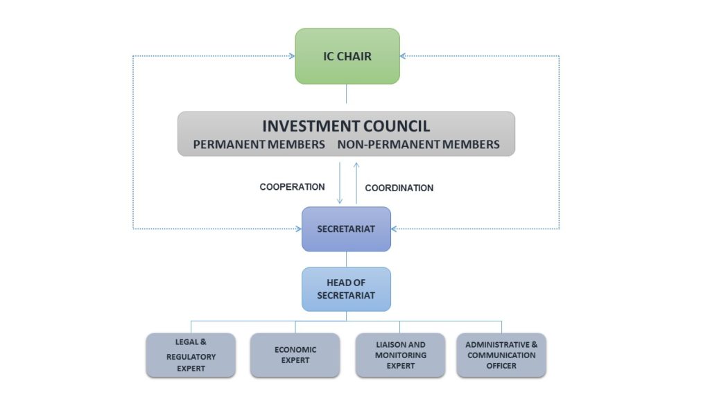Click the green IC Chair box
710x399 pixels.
pyautogui.click(x=347, y=56)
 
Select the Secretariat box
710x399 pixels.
pyautogui.click(x=346, y=229)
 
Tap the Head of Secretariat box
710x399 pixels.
pyautogui.click(x=346, y=289)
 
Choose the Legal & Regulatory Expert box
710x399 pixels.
pyautogui.click(x=191, y=355)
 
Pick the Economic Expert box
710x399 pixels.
pyautogui.click(x=295, y=355)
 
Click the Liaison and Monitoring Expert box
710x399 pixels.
pyautogui.click(x=400, y=355)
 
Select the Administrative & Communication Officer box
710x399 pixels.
pyautogui.click(x=501, y=355)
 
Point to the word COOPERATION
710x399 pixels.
pyautogui.click(x=292, y=187)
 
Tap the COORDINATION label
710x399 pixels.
pyautogui.click(x=399, y=188)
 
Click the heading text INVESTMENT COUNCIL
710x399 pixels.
pyautogui.click(x=346, y=126)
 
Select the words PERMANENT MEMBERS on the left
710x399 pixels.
pyautogui.click(x=259, y=145)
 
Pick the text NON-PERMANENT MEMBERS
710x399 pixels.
pyautogui.click(x=418, y=145)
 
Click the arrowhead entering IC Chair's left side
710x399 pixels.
pyautogui.click(x=292, y=56)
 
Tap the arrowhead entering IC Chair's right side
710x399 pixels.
pyautogui.click(x=404, y=56)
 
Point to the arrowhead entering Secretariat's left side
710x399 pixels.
pyautogui.click(x=298, y=228)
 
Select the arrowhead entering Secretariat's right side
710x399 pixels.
pyautogui.click(x=395, y=228)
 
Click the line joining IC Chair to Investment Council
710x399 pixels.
pyautogui.click(x=346, y=94)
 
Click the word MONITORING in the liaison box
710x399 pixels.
pyautogui.click(x=400, y=355)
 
